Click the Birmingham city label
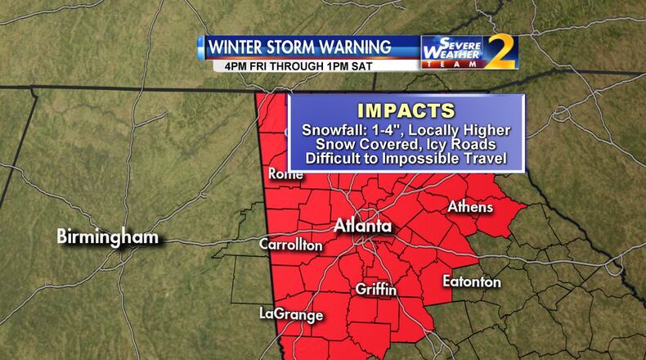(x=106, y=237)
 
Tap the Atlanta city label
(x=362, y=226)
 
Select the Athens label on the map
(x=470, y=207)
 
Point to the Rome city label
(x=285, y=173)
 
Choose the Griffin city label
(x=376, y=290)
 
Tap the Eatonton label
(x=472, y=281)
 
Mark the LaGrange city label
(x=291, y=314)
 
